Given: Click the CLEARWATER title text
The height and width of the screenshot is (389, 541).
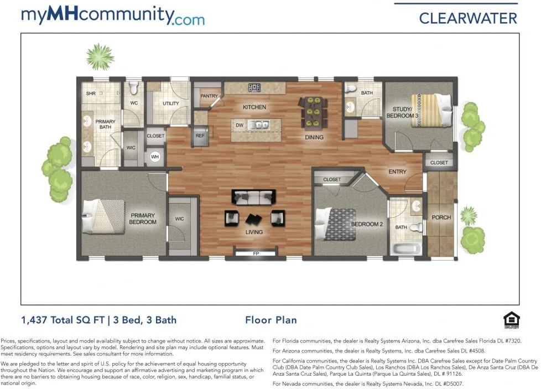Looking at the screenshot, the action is tap(468, 18).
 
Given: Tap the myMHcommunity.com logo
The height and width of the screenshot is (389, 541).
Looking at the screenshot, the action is tap(113, 15).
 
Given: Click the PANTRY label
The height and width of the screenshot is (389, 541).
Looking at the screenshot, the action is tap(209, 96).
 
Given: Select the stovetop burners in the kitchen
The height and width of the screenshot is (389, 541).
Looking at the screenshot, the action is tap(254, 87).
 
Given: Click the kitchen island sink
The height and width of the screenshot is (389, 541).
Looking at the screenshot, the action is tap(260, 125).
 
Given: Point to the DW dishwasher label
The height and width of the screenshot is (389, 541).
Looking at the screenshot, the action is tap(240, 125).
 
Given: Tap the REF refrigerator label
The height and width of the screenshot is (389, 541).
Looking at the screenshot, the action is tap(200, 136).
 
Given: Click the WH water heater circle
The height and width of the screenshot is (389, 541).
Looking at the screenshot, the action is tap(155, 157).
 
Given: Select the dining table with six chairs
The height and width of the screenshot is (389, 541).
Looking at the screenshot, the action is tap(313, 112).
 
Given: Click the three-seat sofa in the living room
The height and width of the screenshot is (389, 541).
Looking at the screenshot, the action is tap(253, 197).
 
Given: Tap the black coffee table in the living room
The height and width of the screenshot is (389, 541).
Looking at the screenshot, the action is tap(253, 219).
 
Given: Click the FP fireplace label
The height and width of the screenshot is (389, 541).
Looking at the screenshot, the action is tap(256, 253).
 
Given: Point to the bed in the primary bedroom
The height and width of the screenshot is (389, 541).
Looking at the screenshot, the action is tap(103, 216).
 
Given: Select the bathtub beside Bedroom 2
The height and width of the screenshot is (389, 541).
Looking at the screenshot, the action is tap(406, 249).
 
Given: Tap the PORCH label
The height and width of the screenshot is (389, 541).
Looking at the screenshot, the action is tap(441, 217).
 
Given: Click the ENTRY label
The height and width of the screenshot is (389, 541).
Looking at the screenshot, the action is tap(398, 172).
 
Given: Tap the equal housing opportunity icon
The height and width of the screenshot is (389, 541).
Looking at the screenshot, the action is tap(511, 320).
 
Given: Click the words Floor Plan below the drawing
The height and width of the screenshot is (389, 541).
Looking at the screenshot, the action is tap(271, 320).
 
